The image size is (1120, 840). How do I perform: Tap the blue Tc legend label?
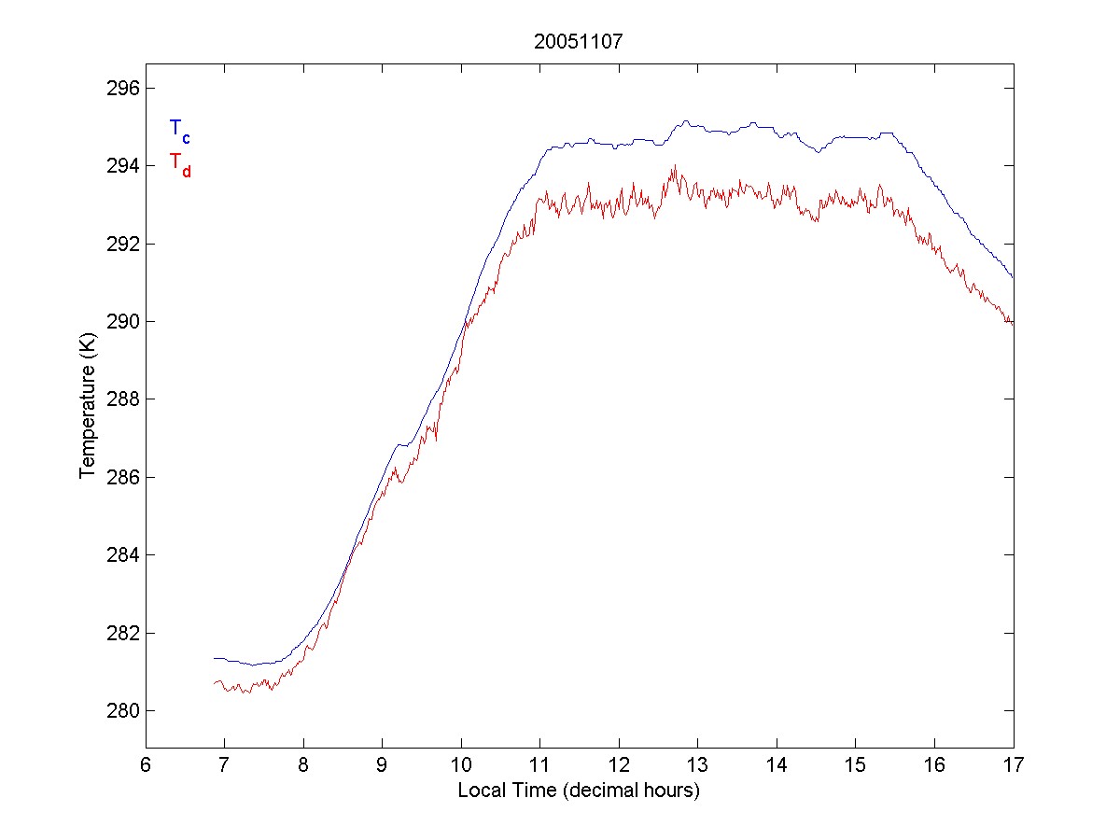click(179, 131)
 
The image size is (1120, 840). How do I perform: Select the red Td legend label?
click(179, 164)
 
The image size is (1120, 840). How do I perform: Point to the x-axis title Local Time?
click(579, 791)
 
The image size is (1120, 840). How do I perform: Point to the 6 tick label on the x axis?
click(146, 766)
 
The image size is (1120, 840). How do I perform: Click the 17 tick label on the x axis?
click(1014, 766)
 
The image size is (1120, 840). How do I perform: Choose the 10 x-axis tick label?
click(461, 766)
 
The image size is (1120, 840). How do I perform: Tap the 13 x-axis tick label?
click(698, 766)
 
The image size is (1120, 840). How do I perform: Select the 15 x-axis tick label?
click(856, 766)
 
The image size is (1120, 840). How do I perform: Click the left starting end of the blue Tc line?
click(214, 658)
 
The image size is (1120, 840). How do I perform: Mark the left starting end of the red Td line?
click(214, 683)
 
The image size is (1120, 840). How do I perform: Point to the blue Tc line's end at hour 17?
click(1013, 277)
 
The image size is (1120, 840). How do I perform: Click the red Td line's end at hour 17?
click(1013, 324)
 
